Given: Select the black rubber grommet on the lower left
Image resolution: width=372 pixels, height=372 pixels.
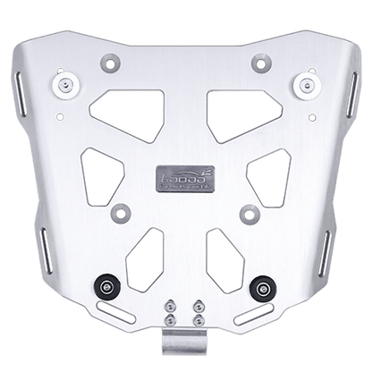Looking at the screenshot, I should tap(108, 285).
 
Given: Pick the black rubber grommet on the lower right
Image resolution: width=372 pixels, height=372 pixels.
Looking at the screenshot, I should tap(263, 285).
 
